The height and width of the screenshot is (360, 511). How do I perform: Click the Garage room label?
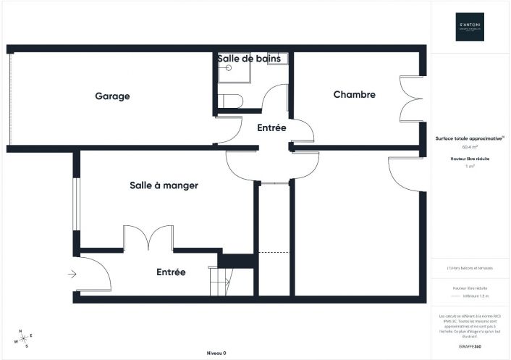click(111, 96)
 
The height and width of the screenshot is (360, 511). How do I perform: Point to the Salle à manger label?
click(164, 185)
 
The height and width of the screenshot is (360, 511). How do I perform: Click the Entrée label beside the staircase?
click(171, 272)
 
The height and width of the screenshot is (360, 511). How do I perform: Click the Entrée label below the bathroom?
click(271, 127)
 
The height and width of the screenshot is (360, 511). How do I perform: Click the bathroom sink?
click(278, 59)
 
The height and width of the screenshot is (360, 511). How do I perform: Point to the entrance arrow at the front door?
click(72, 274)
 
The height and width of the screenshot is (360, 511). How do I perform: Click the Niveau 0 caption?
click(216, 353)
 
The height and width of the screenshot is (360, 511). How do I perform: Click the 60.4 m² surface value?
click(470, 147)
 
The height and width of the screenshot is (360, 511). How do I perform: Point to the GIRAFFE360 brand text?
click(470, 347)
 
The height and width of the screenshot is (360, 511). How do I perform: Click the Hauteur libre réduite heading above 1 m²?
click(470, 157)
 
